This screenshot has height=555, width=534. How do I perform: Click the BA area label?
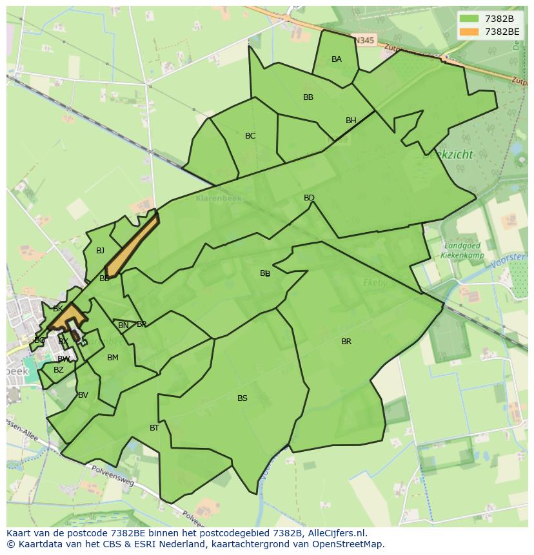pyautogui.click(x=337, y=59)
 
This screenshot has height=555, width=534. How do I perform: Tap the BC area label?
pyautogui.click(x=250, y=136)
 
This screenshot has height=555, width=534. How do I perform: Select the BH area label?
pyautogui.click(x=351, y=121)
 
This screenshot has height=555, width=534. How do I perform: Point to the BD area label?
pyautogui.click(x=309, y=198)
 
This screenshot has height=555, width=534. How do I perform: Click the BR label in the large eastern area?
pyautogui.click(x=346, y=342)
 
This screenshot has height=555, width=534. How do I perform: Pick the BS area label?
pyautogui.click(x=242, y=398)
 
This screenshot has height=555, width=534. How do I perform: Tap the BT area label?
pyautogui.click(x=154, y=428)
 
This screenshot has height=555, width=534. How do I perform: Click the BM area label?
pyautogui.click(x=113, y=358)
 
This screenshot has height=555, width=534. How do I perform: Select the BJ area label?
pyautogui.click(x=100, y=251)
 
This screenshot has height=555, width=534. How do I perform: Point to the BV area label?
pyautogui.click(x=83, y=395)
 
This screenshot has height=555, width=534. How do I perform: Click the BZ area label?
pyautogui.click(x=59, y=370)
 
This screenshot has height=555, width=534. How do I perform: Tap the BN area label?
pyautogui.click(x=123, y=326)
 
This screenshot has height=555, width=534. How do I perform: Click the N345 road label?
pyautogui.click(x=364, y=41)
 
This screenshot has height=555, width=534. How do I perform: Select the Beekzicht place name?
pyautogui.click(x=448, y=155)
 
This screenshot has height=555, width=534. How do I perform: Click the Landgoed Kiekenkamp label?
pyautogui.click(x=462, y=250)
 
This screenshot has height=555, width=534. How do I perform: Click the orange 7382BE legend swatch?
pyautogui.click(x=470, y=32)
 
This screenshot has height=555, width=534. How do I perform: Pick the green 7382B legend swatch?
pyautogui.click(x=470, y=19)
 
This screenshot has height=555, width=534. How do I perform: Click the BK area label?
pyautogui.click(x=58, y=309)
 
